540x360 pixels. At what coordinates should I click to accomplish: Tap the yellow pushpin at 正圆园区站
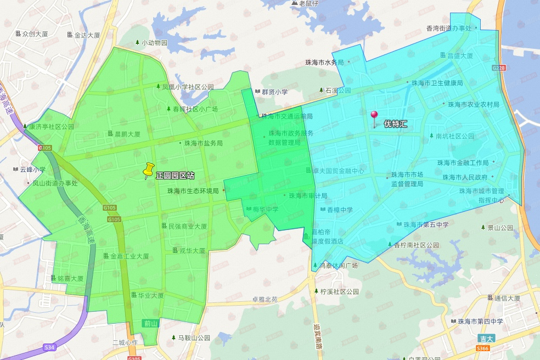pos(148,171)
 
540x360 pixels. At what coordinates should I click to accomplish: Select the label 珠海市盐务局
pos(203,143)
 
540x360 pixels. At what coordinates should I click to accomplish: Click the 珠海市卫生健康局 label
pos(437,83)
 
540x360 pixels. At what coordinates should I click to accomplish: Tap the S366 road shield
pos(482,348)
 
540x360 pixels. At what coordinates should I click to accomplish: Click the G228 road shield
pos(499,67)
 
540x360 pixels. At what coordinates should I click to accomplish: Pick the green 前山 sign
pos(150,324)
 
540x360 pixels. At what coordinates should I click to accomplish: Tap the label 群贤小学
pos(274,92)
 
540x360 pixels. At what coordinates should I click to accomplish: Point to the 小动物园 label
pos(154,43)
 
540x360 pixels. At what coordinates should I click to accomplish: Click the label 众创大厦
pos(35,34)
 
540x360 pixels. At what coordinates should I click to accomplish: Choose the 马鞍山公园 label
pos(194,338)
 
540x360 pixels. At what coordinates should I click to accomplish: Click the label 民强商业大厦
pos(187,226)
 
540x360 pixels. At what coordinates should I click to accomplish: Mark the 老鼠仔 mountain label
pos(308,3)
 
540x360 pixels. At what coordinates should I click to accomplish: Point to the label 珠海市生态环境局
pos(193,191)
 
